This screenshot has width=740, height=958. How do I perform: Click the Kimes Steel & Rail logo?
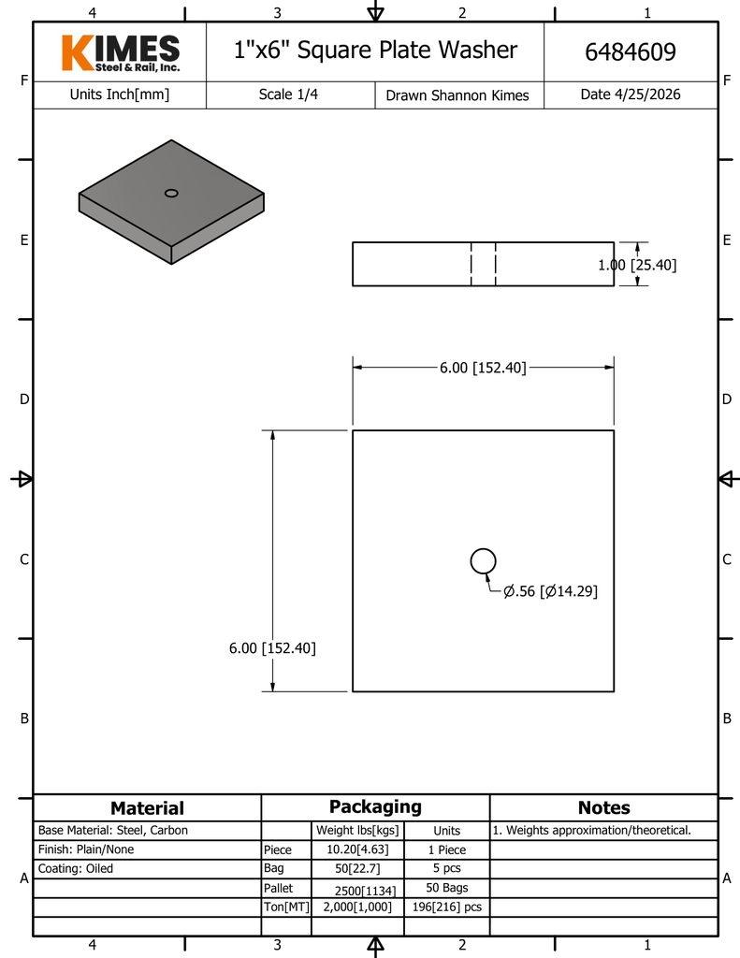point(121,53)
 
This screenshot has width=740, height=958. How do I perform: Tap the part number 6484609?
point(631,52)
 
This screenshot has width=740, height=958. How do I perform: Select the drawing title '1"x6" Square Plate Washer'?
point(375,51)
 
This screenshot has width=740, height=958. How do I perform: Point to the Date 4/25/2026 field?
point(631,94)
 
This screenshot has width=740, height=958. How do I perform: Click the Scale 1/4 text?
point(288,94)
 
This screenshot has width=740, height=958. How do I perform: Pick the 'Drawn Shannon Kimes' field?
point(457,95)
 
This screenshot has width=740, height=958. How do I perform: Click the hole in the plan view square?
point(484,561)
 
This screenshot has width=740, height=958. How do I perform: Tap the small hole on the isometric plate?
point(172,193)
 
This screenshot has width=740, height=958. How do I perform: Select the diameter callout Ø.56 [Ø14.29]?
point(551,591)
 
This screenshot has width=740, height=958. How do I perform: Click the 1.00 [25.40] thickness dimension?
point(637,265)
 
